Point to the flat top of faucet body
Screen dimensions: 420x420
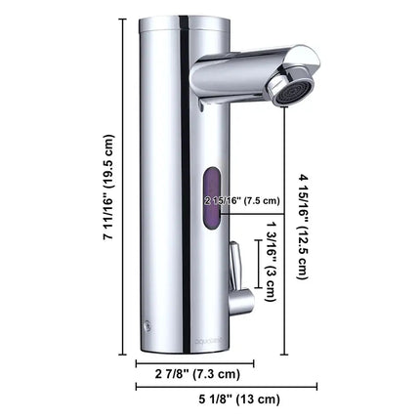click(181, 21)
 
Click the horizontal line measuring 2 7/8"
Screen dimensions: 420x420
click(193, 362)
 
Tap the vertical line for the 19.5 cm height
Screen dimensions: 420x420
click(124, 187)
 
